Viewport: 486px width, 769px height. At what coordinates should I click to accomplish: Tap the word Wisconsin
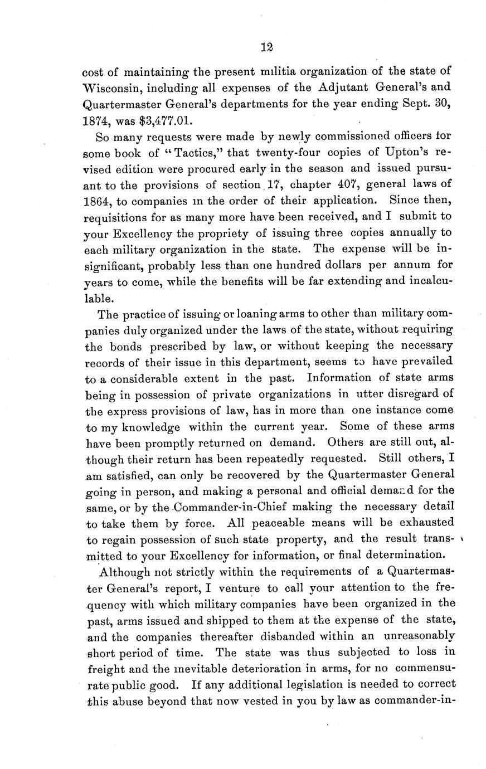113,87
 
